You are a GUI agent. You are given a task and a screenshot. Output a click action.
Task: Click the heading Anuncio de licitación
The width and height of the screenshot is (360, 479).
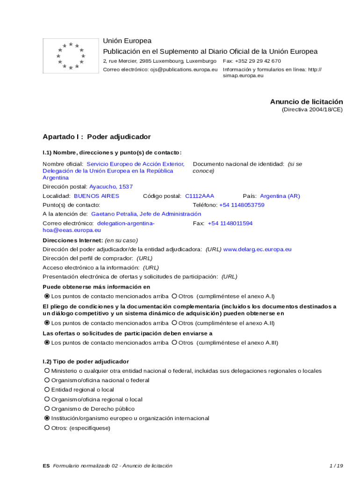(306, 102)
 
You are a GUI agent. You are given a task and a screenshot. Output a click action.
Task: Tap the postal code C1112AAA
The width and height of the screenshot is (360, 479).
(200, 196)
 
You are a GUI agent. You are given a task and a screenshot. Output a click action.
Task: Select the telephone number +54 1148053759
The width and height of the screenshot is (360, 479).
(242, 205)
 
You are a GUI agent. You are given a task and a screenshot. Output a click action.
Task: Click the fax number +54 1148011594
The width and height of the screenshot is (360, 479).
(230, 224)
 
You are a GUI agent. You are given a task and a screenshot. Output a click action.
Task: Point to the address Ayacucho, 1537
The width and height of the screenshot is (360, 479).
(111, 187)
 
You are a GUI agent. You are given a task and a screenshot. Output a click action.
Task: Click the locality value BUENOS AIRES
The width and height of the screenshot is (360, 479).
(96, 196)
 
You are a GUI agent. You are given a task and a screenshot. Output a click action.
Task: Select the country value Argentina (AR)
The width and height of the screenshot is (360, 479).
(280, 196)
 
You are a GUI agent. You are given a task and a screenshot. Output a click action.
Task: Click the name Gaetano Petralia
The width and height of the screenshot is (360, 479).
(114, 214)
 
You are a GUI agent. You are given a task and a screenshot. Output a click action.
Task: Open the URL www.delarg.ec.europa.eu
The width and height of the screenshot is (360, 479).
(257, 249)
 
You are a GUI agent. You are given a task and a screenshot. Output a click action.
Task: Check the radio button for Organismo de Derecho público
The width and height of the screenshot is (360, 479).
(47, 409)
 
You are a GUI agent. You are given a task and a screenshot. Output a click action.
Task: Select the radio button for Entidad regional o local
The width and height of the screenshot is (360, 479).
(47, 390)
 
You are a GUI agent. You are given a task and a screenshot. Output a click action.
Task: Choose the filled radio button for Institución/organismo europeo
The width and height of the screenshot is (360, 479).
(47, 418)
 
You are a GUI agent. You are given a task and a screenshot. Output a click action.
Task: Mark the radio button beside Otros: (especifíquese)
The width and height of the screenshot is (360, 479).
(47, 428)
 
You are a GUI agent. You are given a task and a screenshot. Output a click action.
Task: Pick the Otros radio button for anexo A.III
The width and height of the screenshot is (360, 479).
(174, 343)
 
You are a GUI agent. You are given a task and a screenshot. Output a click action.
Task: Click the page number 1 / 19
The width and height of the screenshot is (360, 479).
(336, 466)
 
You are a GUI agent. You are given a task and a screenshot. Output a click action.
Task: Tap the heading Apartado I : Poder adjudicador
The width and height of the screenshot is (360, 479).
(97, 137)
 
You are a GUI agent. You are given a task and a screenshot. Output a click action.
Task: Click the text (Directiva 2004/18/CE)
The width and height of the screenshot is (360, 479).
(312, 109)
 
